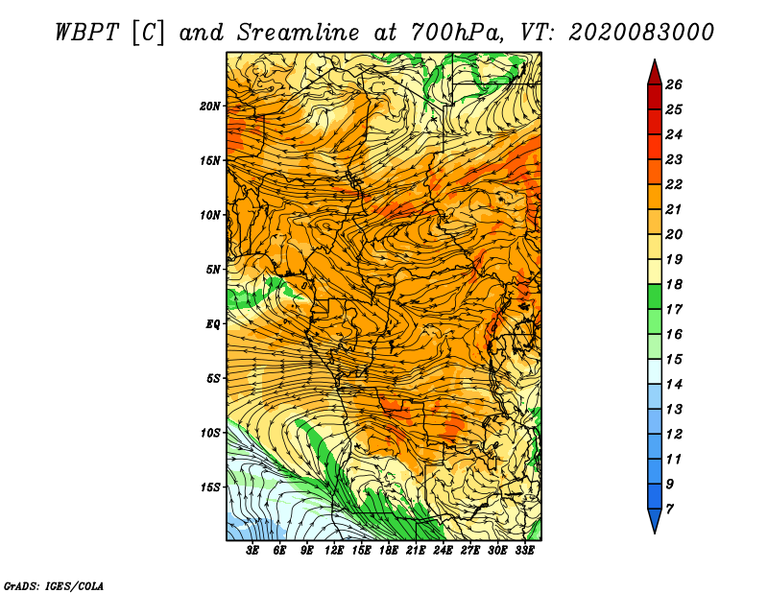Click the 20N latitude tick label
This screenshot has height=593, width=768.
pyautogui.click(x=209, y=107)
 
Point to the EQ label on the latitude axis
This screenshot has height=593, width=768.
pyautogui.click(x=213, y=324)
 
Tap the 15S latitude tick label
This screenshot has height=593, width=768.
pyautogui.click(x=209, y=487)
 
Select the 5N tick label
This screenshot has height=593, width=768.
pyautogui.click(x=212, y=270)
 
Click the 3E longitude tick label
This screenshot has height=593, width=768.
pyautogui.click(x=252, y=551)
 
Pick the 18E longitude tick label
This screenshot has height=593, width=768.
pyautogui.click(x=388, y=551)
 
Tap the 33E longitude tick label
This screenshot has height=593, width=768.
pyautogui.click(x=524, y=551)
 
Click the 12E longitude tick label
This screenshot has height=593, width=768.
pyautogui.click(x=333, y=551)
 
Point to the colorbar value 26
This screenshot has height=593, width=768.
pyautogui.click(x=674, y=84)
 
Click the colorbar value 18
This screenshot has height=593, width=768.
pyautogui.click(x=674, y=284)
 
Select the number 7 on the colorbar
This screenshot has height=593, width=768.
pyautogui.click(x=669, y=510)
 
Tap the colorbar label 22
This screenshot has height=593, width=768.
pyautogui.click(x=674, y=184)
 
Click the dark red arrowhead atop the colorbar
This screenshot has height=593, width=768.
pyautogui.click(x=655, y=73)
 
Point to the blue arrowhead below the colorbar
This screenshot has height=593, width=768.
pyautogui.click(x=655, y=520)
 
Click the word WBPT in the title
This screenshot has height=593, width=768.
pyautogui.click(x=86, y=33)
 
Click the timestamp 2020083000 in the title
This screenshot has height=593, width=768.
pyautogui.click(x=641, y=33)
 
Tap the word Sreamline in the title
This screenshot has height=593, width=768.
pyautogui.click(x=299, y=33)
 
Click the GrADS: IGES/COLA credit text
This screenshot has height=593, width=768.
pyautogui.click(x=54, y=586)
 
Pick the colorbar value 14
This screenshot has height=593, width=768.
pyautogui.click(x=674, y=385)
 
